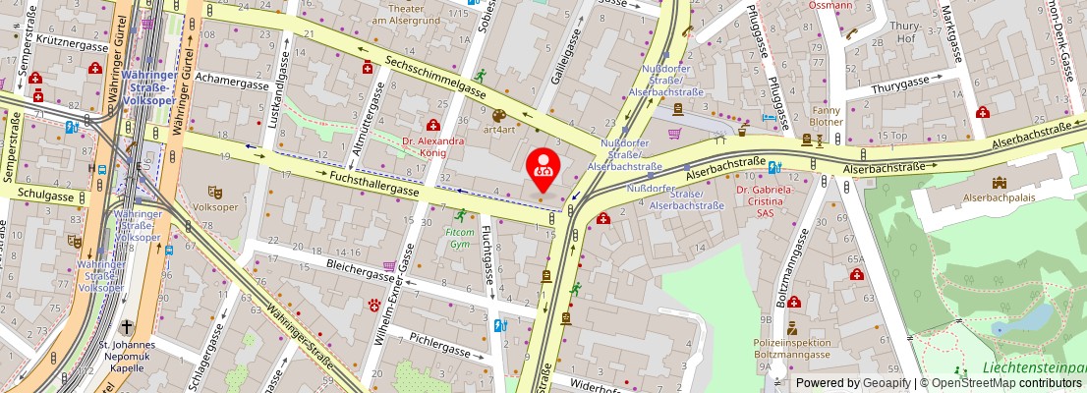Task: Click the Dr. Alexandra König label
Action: pyautogui.click(x=432, y=146)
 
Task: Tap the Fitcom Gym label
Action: pyautogui.click(x=460, y=238)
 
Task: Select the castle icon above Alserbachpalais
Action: pyautogui.click(x=999, y=183)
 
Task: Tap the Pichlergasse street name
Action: pyautogui.click(x=441, y=349)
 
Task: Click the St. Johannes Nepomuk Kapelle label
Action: pyautogui.click(x=127, y=352)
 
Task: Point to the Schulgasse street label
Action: pyautogui.click(x=45, y=196)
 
